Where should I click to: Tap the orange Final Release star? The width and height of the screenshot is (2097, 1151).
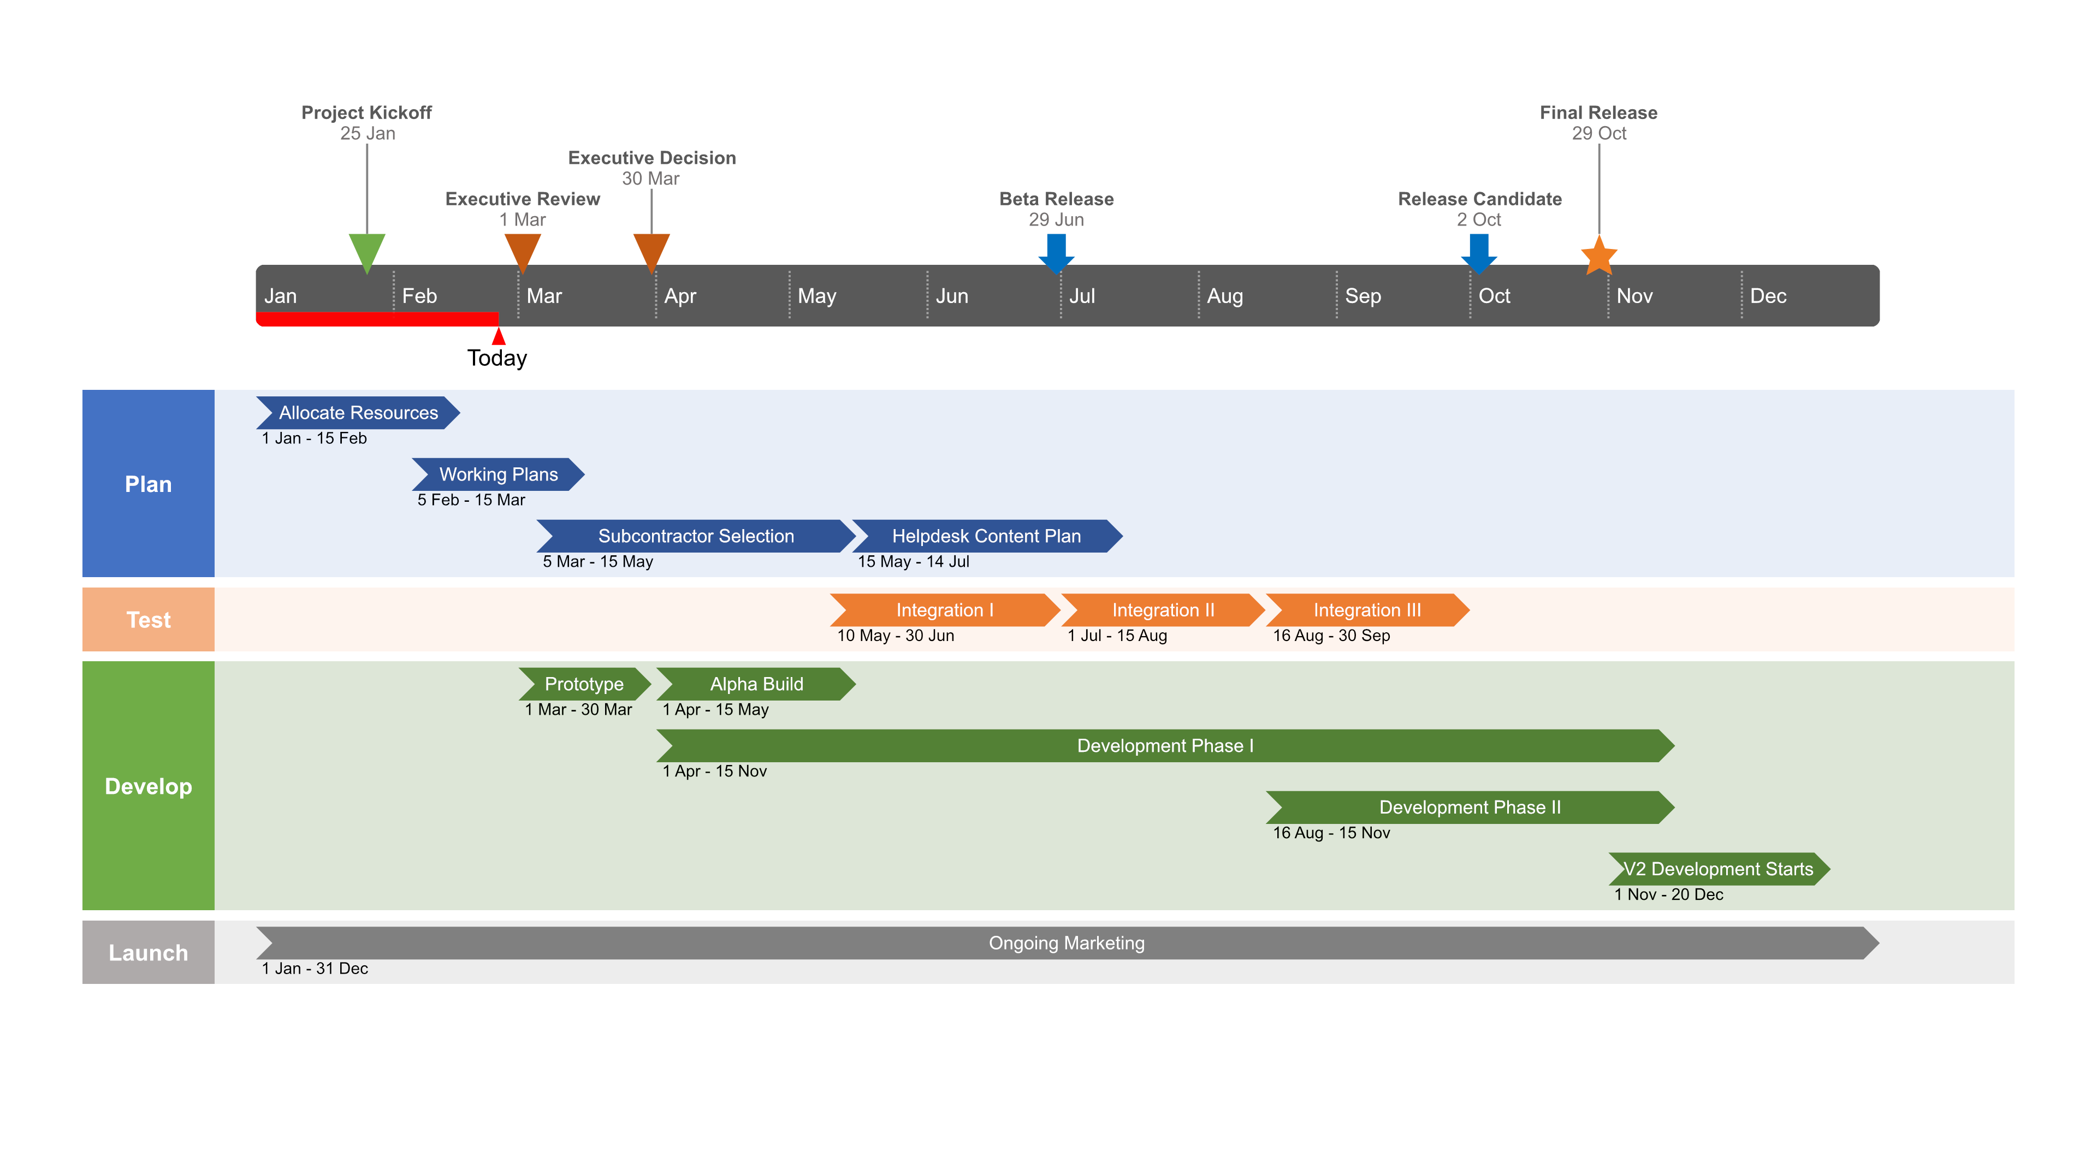pos(1599,256)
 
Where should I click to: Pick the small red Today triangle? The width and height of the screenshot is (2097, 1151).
pos(498,335)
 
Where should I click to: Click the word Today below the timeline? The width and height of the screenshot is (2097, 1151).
pos(497,358)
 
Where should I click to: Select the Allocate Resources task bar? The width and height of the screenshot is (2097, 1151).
pos(358,413)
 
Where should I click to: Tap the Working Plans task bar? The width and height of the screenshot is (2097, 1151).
pos(498,474)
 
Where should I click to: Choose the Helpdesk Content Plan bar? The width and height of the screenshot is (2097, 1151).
pos(987,536)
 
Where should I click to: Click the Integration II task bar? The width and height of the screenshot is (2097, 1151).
pos(1163,610)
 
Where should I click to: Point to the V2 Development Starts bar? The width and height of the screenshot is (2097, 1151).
pos(1719,869)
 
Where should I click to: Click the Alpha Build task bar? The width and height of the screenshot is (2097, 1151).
pos(756,685)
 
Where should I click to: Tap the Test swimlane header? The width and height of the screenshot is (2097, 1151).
pos(148,620)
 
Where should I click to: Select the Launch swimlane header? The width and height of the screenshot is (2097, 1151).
pos(148,952)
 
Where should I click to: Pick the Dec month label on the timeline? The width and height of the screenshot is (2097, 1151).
pos(1768,296)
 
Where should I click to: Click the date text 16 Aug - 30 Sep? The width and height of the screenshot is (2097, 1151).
pos(1332,636)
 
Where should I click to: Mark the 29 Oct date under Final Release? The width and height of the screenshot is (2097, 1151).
pos(1599,133)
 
